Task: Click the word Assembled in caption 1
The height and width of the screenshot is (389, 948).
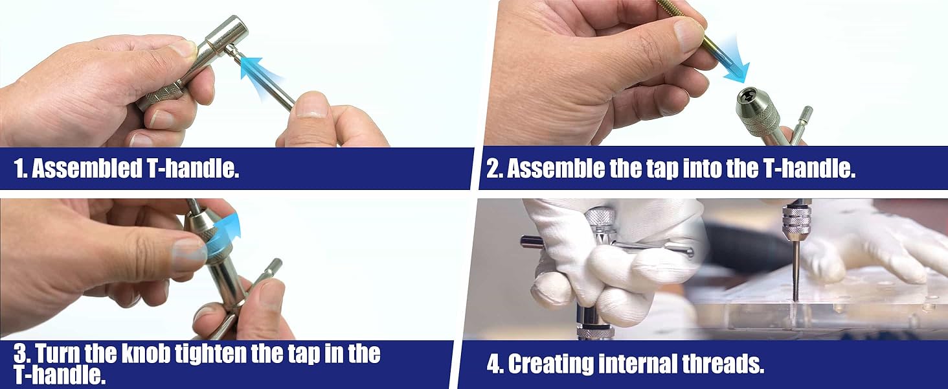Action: [x=87, y=169]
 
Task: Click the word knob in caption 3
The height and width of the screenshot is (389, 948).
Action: [x=146, y=354]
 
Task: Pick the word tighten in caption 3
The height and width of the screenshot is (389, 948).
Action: [x=210, y=355]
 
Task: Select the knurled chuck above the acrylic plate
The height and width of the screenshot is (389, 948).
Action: [x=796, y=221]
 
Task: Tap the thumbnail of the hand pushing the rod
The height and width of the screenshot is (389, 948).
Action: [x=311, y=105]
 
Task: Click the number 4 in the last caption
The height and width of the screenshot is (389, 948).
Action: [x=493, y=365]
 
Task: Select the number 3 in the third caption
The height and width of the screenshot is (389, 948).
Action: [x=20, y=354]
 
